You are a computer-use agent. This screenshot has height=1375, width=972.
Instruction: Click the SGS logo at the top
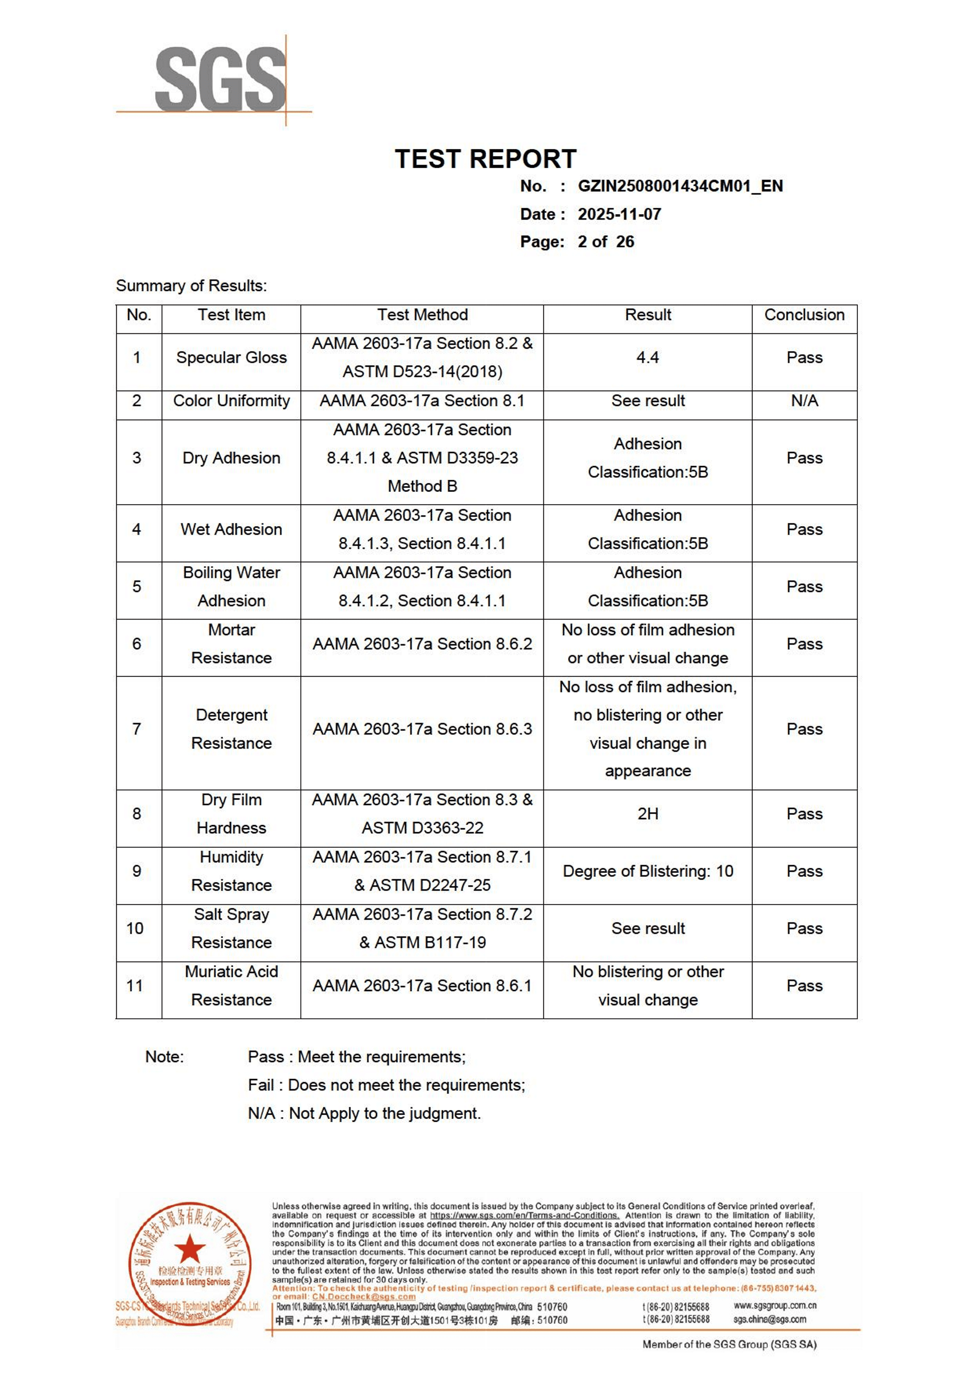[x=220, y=80]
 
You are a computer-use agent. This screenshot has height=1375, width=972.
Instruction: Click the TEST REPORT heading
[x=485, y=159]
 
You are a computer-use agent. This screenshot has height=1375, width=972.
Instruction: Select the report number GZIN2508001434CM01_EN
[x=680, y=186]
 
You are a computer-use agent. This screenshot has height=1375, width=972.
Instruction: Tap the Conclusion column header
[x=804, y=315]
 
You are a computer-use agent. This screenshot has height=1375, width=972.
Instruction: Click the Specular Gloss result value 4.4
[x=647, y=357]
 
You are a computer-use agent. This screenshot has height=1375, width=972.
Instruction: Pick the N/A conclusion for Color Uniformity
[x=804, y=401]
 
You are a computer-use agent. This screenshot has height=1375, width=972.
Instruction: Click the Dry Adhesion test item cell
[x=231, y=458]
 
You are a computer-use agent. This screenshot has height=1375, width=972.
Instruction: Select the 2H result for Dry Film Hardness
[x=647, y=814]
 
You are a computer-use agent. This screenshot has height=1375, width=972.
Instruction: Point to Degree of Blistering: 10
[x=647, y=871]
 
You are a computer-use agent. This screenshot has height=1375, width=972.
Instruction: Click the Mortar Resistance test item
[x=231, y=644]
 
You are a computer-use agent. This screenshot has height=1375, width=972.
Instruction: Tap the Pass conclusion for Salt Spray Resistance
[x=804, y=928]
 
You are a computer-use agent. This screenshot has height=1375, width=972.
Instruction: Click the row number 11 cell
[x=135, y=986]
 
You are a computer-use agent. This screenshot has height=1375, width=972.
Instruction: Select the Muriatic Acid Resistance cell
[x=231, y=986]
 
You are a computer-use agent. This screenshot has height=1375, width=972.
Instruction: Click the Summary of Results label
[x=191, y=286]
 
